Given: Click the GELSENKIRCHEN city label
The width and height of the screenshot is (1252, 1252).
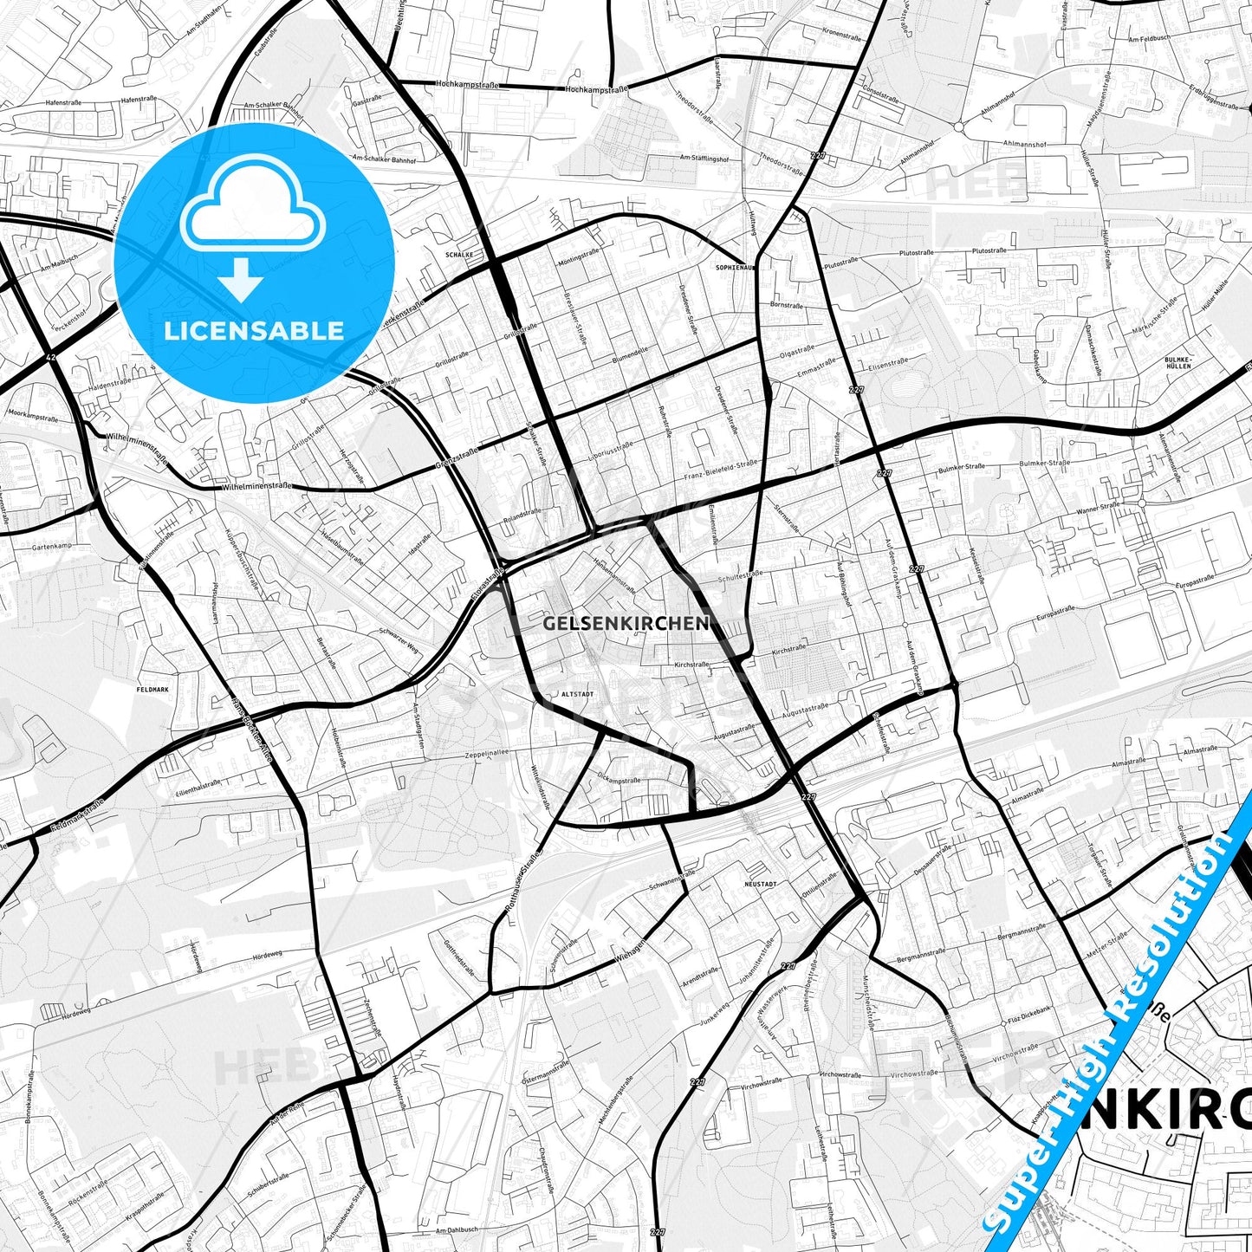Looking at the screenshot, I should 626,623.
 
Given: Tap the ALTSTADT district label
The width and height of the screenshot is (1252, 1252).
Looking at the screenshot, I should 578,695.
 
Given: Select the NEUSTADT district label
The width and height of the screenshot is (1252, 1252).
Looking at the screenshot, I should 761,884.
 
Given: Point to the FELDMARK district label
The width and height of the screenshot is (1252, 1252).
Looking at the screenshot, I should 150,690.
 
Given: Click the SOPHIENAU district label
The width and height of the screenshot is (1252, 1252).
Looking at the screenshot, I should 736,268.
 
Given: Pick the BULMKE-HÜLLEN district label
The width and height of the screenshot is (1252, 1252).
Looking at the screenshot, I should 1178,362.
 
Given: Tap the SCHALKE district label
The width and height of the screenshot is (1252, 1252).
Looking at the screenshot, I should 459,255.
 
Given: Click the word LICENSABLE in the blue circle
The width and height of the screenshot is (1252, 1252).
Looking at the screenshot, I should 254,330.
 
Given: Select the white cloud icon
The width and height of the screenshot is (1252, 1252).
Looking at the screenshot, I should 252,208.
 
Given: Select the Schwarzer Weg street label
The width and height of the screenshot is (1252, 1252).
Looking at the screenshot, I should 399,639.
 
